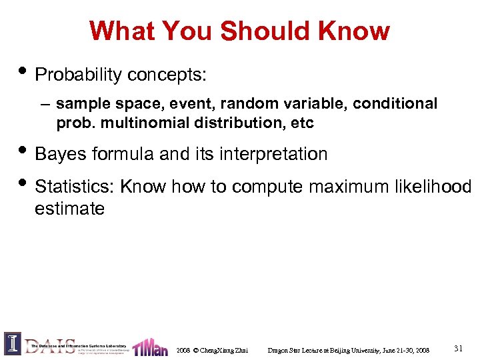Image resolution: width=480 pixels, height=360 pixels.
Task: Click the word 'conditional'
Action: pyautogui.click(x=395, y=104)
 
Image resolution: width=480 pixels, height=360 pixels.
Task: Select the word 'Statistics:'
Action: pyautogui.click(x=75, y=187)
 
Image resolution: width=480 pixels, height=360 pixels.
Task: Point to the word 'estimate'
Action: pyautogui.click(x=69, y=209)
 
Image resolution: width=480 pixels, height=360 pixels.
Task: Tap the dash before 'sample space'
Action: pyautogui.click(x=45, y=105)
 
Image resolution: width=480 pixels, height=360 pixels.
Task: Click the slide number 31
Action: pyautogui.click(x=458, y=348)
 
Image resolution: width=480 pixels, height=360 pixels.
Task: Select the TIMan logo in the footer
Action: pyautogui.click(x=150, y=347)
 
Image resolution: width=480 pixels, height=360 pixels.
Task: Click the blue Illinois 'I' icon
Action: pyautogui.click(x=13, y=343)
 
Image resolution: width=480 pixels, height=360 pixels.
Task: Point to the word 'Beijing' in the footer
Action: pyautogui.click(x=351, y=350)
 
